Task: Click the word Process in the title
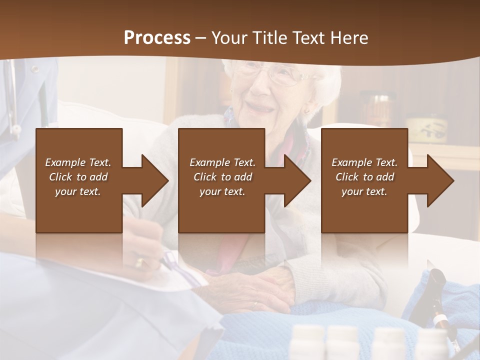[x=157, y=37]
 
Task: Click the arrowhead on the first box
[x=152, y=180]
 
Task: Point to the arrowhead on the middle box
[x=295, y=180]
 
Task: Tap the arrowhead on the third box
[x=438, y=180]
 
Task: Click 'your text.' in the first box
[x=78, y=191]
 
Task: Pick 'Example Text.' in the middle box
[x=222, y=162]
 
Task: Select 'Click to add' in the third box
[x=364, y=177]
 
